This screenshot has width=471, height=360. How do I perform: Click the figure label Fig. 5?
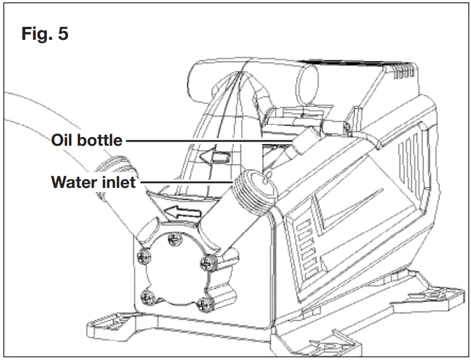coord(44,33)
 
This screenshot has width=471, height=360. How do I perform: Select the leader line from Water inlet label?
coord(187,182)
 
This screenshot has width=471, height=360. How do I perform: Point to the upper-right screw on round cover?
coord(206,260)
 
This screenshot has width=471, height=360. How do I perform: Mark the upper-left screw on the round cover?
coord(142,255)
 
